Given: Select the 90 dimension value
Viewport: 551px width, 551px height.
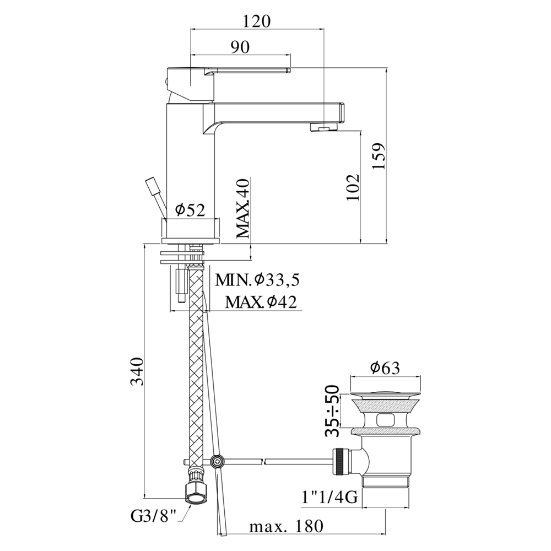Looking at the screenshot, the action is tap(240, 47).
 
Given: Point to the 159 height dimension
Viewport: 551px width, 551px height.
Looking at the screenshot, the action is tap(379, 156).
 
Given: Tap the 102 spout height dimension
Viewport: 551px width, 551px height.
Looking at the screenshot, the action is tap(353, 187).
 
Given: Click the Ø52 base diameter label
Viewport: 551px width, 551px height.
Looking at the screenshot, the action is tap(190, 210).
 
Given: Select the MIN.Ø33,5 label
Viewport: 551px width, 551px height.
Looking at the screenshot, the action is tap(257, 280).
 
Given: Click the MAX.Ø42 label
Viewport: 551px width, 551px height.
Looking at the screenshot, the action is tap(261, 301).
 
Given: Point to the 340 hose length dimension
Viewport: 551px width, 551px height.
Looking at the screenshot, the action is tap(137, 371).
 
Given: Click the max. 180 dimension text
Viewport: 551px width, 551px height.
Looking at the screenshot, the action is tap(285, 526).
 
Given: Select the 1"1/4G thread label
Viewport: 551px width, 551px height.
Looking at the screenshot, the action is tap(329, 497).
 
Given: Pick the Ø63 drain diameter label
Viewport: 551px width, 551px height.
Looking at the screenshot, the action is tap(385, 368).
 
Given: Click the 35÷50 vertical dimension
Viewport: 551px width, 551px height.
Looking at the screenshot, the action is tap(332, 411).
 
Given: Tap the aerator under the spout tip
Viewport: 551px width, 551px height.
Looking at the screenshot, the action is tap(323, 127).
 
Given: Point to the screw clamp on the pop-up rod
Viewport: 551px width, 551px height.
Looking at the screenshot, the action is tap(217, 461).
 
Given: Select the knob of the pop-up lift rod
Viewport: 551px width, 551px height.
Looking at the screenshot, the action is tap(152, 186).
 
